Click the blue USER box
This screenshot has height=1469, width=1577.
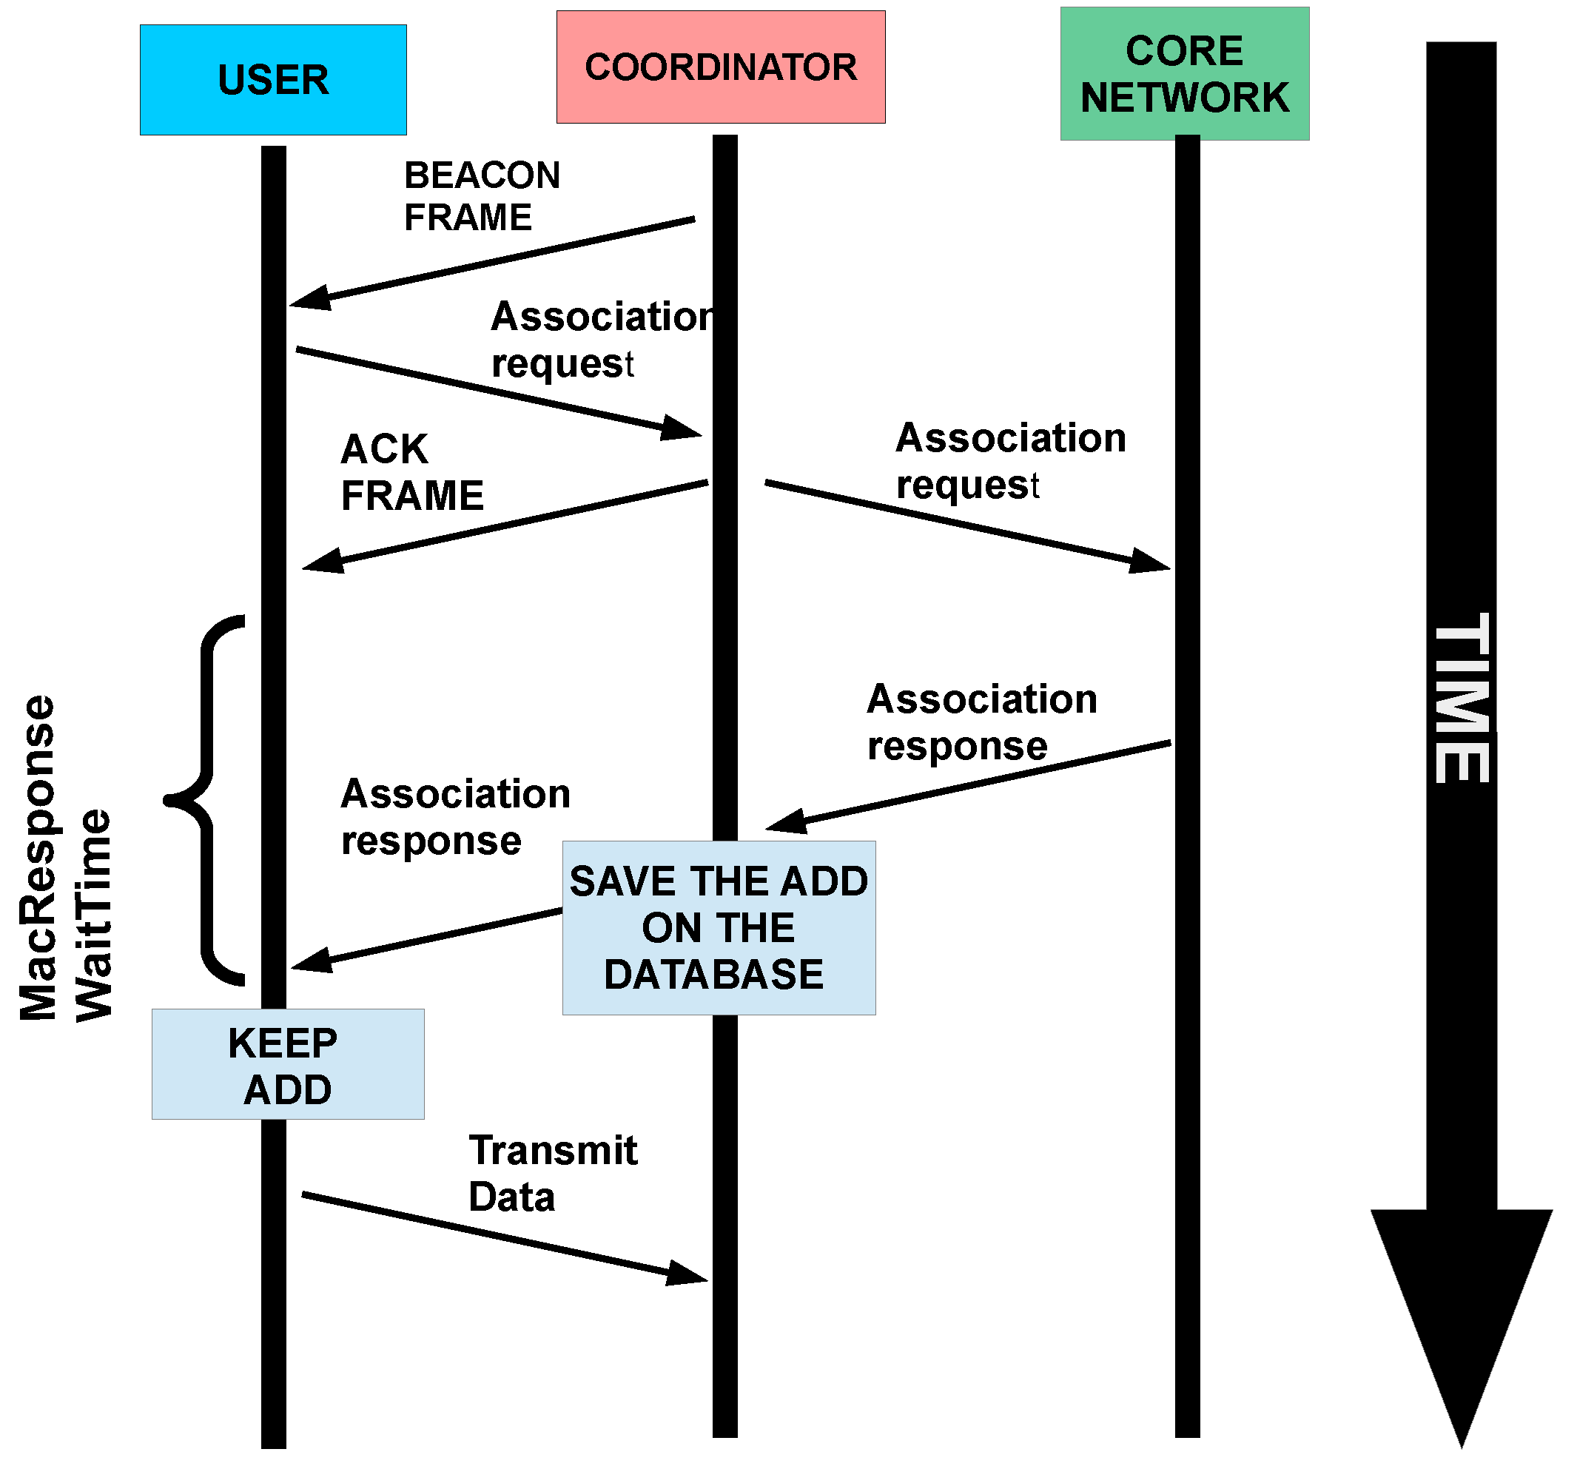273,80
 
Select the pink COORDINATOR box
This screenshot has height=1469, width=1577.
720,67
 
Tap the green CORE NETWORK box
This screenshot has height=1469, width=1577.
1184,74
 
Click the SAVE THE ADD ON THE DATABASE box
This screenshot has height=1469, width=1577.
719,927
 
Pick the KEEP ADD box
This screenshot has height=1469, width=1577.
287,1063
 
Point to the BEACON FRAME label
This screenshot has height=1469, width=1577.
481,196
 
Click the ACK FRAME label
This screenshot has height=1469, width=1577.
411,473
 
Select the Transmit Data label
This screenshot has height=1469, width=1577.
552,1172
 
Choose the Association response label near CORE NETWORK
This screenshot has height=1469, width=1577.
981,722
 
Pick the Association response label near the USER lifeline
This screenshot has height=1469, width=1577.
454,816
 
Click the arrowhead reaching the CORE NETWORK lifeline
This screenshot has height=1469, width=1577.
1150,561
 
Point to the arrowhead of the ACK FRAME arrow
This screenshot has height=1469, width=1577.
323,561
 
